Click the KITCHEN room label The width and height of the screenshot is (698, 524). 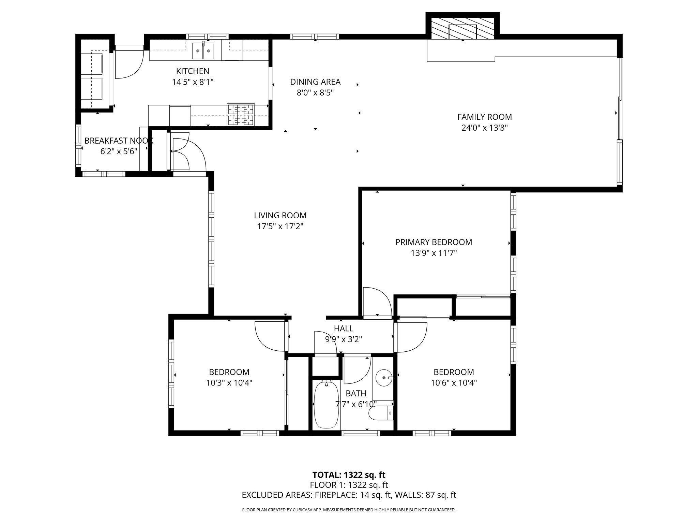(193, 71)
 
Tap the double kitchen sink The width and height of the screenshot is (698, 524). (203, 51)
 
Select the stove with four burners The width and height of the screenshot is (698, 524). (241, 114)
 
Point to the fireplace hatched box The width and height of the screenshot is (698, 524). (462, 27)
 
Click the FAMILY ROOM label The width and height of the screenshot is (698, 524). (484, 117)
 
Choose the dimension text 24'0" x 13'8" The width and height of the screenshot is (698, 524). (484, 128)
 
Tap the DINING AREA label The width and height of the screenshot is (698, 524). (315, 82)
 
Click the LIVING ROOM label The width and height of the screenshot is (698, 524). (280, 216)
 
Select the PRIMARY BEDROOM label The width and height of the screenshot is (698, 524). (434, 242)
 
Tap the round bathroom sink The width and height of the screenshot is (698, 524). (384, 378)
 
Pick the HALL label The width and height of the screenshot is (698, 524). (344, 329)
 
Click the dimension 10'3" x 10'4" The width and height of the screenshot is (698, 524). (229, 383)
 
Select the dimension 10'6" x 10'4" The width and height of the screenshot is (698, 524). (454, 383)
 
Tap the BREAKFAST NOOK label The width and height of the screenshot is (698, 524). (119, 141)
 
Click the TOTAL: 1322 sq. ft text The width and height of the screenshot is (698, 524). (349, 475)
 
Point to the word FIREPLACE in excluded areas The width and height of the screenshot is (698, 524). (336, 495)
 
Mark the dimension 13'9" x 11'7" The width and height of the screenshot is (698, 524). (434, 253)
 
